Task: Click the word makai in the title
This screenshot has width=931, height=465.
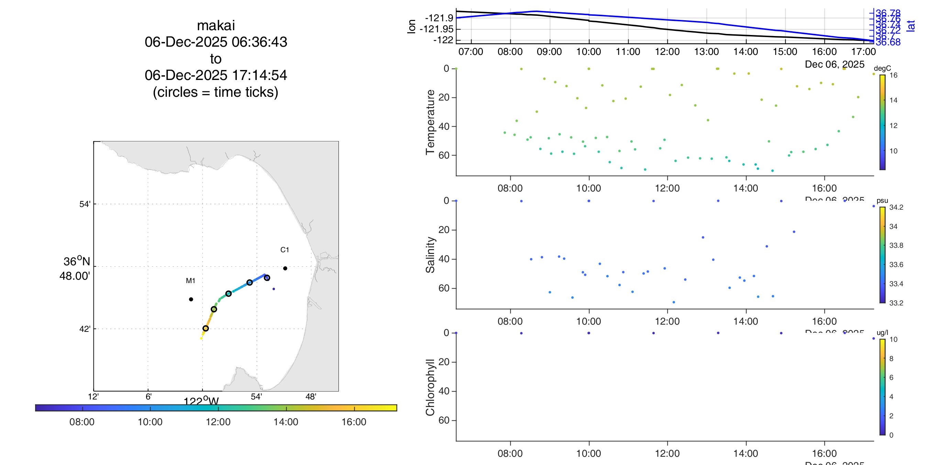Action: (x=216, y=26)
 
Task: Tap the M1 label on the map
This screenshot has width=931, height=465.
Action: (x=190, y=280)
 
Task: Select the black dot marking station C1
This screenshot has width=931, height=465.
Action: (x=285, y=268)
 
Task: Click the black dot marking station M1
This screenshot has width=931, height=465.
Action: (x=191, y=299)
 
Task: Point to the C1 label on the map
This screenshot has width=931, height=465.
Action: (x=285, y=250)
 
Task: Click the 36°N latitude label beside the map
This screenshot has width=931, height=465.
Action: (x=76, y=261)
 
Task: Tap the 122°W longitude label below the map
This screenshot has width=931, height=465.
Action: (x=201, y=401)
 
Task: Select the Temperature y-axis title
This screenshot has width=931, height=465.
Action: (x=430, y=122)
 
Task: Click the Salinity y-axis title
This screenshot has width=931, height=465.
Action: (x=430, y=255)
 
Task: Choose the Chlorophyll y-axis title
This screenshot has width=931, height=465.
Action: (x=430, y=387)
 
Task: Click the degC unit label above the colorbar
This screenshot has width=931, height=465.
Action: (x=882, y=68)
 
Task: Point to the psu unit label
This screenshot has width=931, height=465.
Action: (x=882, y=201)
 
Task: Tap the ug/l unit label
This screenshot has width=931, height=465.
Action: (x=882, y=333)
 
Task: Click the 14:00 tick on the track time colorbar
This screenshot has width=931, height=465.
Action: (x=286, y=422)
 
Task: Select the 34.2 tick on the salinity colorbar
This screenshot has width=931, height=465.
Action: (x=896, y=207)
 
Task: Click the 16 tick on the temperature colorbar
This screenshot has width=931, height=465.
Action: (x=894, y=75)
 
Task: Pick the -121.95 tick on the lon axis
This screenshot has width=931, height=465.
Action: (x=436, y=29)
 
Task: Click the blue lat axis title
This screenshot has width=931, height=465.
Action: (x=911, y=26)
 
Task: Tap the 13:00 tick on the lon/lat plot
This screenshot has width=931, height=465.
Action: (x=707, y=51)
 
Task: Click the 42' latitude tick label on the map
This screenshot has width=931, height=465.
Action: (x=85, y=329)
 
